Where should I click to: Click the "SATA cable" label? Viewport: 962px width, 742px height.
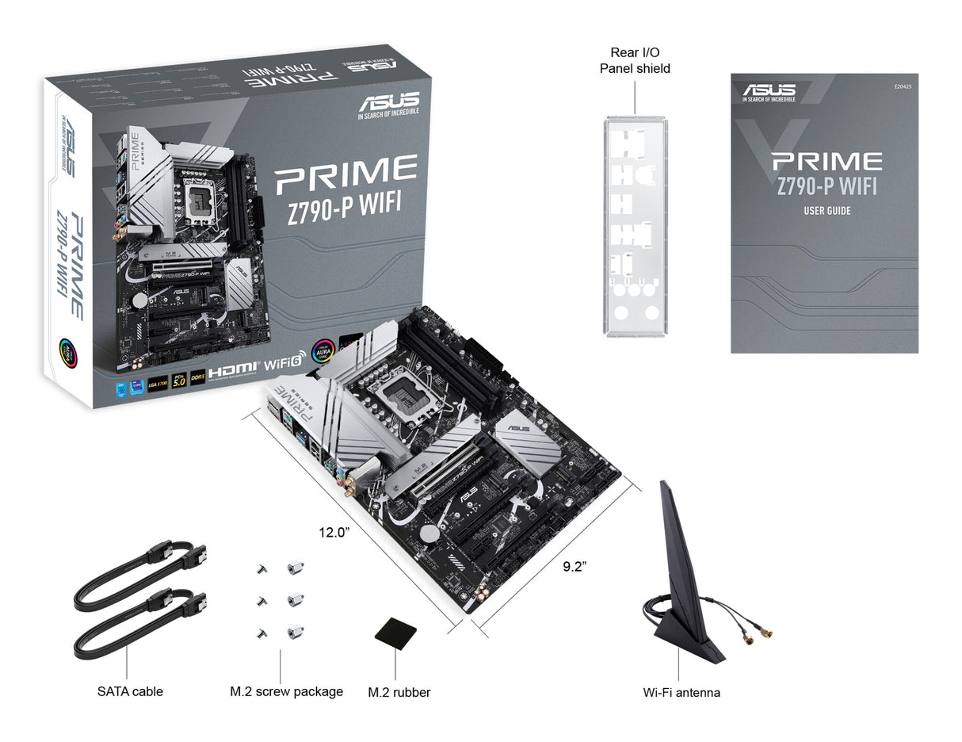point(130,691)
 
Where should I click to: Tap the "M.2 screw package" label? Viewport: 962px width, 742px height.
point(286,691)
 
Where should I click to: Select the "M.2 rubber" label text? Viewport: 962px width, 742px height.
point(399,692)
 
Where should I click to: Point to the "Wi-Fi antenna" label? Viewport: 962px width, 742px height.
point(681,692)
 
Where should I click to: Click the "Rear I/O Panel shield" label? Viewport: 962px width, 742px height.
point(634,60)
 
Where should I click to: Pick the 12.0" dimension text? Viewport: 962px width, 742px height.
point(333,533)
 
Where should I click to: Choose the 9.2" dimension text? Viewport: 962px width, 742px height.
point(575,566)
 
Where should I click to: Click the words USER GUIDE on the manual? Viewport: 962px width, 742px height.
point(826,211)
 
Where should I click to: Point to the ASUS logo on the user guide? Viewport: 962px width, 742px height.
point(769,88)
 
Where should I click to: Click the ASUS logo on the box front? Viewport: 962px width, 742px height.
point(388,104)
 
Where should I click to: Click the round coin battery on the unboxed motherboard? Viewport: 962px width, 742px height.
point(429,533)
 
